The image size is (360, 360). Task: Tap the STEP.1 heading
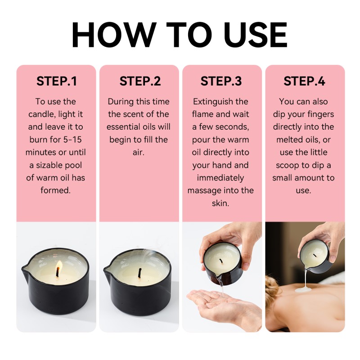point(56,81)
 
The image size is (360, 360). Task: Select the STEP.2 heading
point(139,81)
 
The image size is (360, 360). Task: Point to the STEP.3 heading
point(221,81)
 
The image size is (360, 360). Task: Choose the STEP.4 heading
point(304,81)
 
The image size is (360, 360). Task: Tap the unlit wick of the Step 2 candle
point(139,273)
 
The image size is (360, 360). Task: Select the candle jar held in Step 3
point(222,265)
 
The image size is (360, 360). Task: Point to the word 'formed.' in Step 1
point(56,190)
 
